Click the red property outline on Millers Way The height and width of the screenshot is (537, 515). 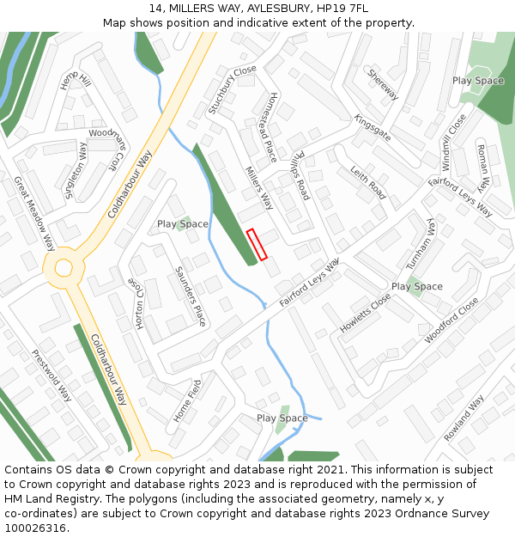pyautogui.click(x=257, y=244)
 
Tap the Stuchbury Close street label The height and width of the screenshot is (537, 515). pyautogui.click(x=232, y=90)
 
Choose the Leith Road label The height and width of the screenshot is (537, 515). pyautogui.click(x=367, y=183)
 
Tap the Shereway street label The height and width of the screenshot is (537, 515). pyautogui.click(x=383, y=84)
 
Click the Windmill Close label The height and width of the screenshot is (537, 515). pyautogui.click(x=452, y=141)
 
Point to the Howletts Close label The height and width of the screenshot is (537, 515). pyautogui.click(x=365, y=313)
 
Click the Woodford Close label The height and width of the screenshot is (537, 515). pyautogui.click(x=451, y=320)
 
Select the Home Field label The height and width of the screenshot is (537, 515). pyautogui.click(x=187, y=400)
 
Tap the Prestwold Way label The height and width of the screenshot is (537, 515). pyautogui.click(x=51, y=375)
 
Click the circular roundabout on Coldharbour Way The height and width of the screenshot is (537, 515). pyautogui.click(x=64, y=267)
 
